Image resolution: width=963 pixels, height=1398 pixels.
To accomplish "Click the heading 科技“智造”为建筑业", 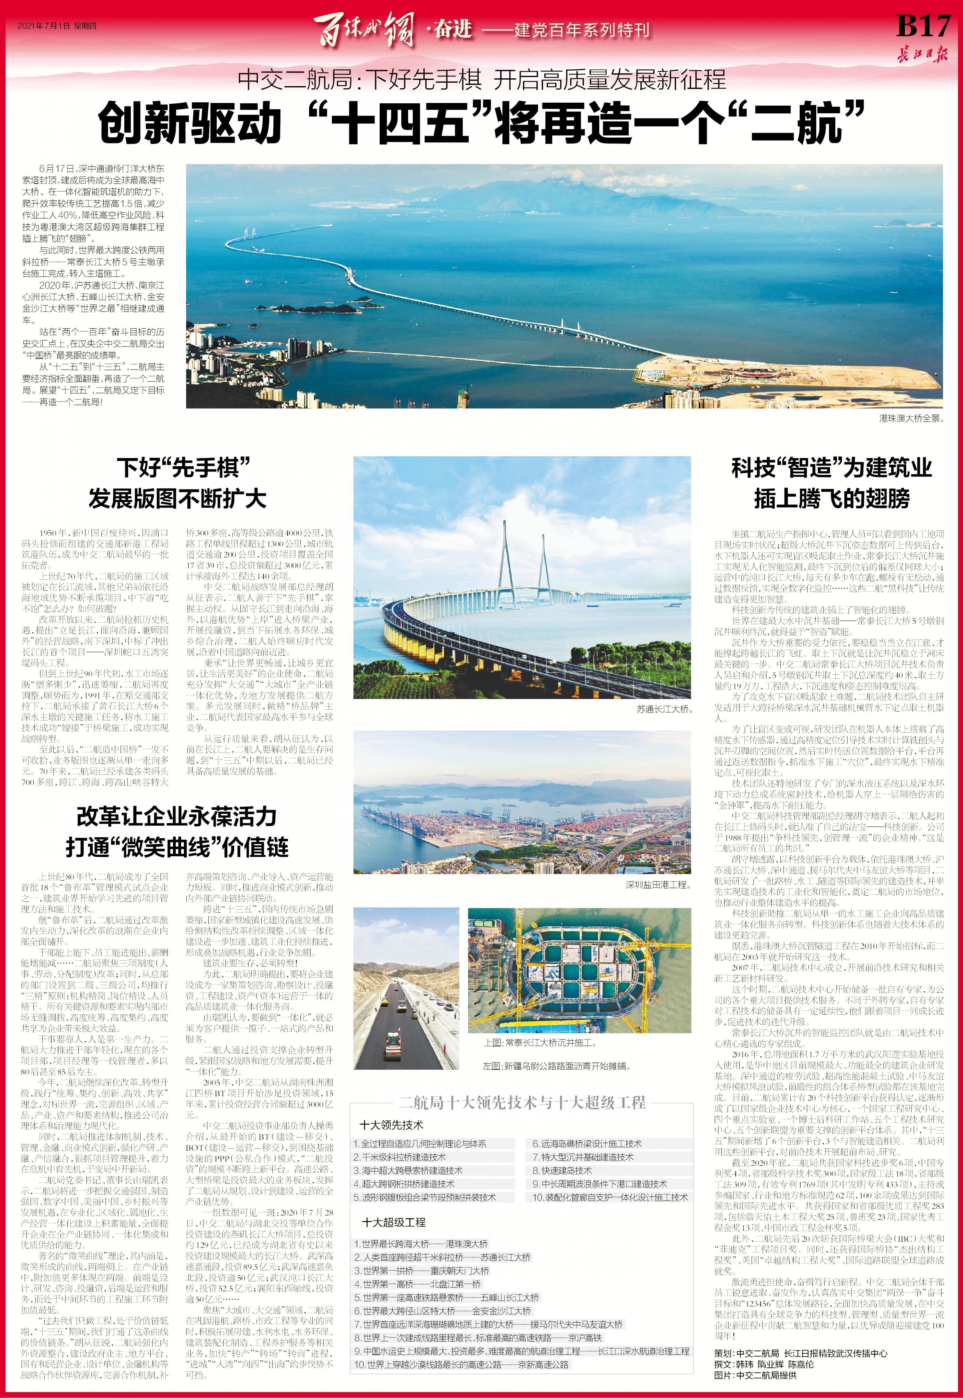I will pyautogui.click(x=831, y=467).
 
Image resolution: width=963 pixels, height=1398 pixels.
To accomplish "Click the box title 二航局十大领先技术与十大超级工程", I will pyautogui.click(x=522, y=1102).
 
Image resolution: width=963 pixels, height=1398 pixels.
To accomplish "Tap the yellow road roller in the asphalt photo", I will pyautogui.click(x=393, y=1039).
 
